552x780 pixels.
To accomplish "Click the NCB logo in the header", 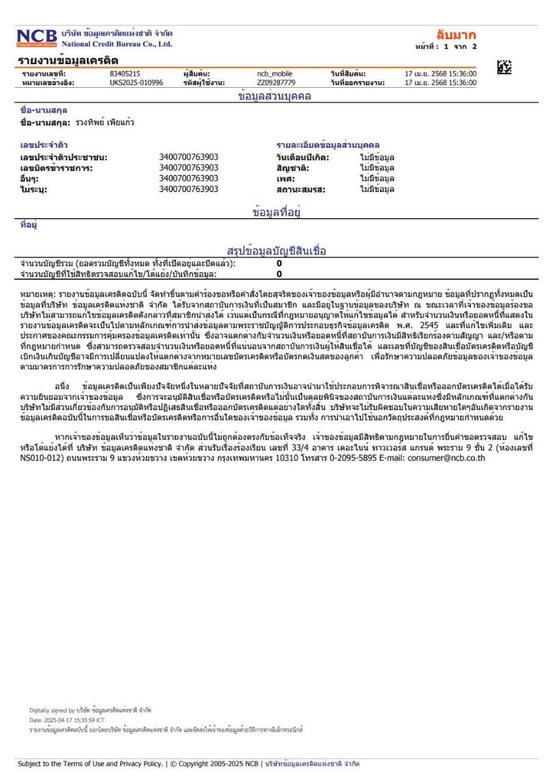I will point(37,38).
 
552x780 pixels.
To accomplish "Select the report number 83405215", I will point(125,74).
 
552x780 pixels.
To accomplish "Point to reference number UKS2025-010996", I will point(136,82).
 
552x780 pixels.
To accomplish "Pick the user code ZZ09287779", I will point(276,82).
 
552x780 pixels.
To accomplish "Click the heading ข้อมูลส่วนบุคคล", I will point(272,96).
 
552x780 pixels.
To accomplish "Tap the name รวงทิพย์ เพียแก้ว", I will point(105,122).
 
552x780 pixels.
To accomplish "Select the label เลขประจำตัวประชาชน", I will point(64,158).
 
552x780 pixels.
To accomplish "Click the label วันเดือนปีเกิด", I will point(303,158).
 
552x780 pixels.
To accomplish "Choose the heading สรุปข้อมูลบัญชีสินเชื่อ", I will point(277,251).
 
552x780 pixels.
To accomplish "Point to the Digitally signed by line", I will point(90,710).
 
